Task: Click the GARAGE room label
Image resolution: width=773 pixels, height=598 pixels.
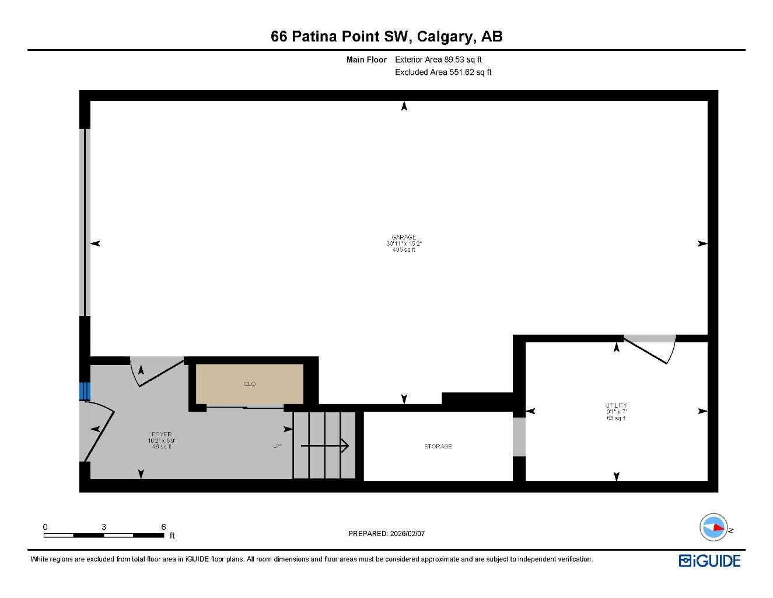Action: [404, 238]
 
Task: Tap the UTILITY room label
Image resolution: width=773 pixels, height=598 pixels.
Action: [616, 405]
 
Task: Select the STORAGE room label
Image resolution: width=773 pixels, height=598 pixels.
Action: [438, 447]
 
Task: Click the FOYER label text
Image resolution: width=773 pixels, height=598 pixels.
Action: [162, 434]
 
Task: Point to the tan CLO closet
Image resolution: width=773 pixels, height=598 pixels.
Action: [250, 384]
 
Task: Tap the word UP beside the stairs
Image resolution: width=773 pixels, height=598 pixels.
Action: [277, 446]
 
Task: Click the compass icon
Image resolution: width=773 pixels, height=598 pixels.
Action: [713, 527]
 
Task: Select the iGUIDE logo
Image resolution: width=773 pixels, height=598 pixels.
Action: [709, 561]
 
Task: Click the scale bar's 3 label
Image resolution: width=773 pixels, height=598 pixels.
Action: [104, 527]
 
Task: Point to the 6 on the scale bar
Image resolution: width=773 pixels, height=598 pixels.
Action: [163, 527]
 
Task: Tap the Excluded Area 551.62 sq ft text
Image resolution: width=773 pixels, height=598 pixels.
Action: [443, 72]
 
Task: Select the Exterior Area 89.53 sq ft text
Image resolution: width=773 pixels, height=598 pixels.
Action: [438, 60]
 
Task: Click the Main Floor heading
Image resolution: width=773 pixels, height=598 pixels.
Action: [366, 60]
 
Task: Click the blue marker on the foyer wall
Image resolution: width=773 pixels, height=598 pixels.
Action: [85, 391]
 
